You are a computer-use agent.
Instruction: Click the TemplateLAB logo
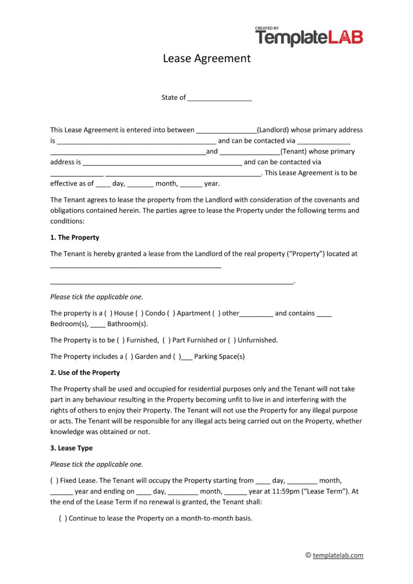[x=308, y=37]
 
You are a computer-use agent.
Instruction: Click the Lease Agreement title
[x=206, y=58]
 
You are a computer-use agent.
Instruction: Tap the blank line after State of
[x=220, y=98]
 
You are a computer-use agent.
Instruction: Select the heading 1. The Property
[x=75, y=237]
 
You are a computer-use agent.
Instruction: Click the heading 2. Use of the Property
[x=85, y=373]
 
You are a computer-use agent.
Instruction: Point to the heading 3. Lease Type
[x=71, y=448]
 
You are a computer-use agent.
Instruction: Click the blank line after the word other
[x=256, y=314]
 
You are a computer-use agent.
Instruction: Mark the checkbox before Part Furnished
[x=167, y=340]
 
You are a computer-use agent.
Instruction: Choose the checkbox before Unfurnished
[x=232, y=340]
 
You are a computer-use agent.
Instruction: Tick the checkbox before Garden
[x=128, y=357]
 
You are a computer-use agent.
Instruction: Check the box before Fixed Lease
[x=54, y=480]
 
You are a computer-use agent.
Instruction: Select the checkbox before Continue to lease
[x=63, y=519]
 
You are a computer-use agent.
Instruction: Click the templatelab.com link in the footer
[x=338, y=555]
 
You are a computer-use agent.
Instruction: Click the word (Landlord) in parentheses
[x=273, y=130]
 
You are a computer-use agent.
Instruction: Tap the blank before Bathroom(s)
[x=98, y=324]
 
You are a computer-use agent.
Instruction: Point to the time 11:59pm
[x=281, y=491]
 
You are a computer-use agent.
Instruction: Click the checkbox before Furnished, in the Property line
[x=121, y=340]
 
